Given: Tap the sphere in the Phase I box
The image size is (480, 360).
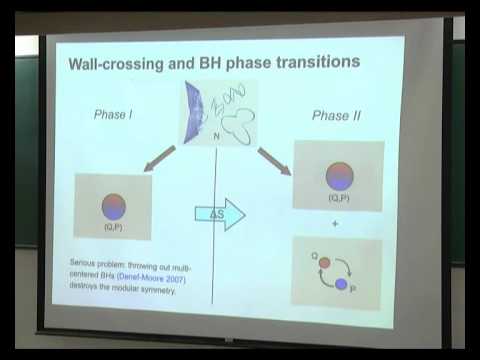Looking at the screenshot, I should [x=112, y=206].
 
